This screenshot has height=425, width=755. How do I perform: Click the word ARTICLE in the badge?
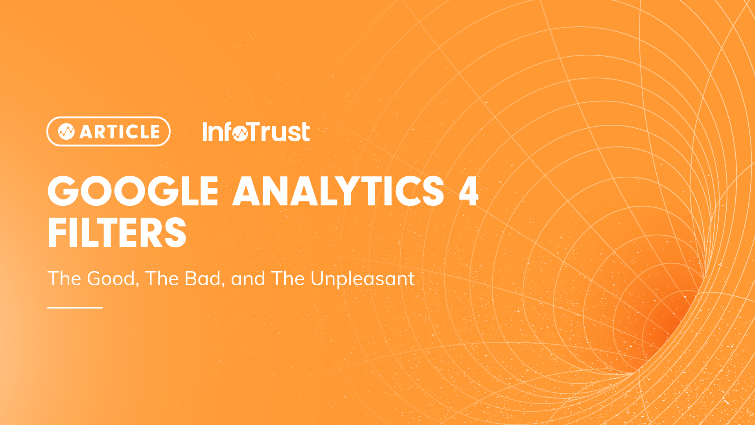coord(120,132)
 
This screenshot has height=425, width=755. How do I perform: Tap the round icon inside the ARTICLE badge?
coord(66,132)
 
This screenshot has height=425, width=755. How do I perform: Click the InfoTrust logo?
coord(256,131)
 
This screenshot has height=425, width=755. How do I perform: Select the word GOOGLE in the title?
coord(133,191)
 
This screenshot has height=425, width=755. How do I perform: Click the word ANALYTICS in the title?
coord(339,191)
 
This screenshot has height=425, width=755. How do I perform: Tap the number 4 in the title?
coord(468,191)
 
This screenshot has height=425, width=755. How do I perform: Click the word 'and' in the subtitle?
coord(248,279)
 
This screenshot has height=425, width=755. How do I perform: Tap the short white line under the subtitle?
coord(75,307)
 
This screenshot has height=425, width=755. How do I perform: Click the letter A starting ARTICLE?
coord(86,132)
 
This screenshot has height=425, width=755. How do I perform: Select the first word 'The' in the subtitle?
coord(64,279)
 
